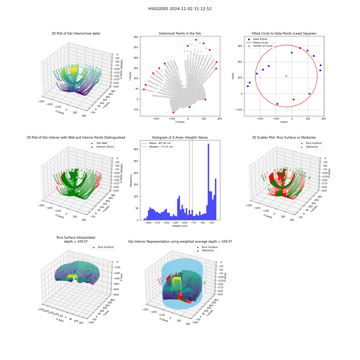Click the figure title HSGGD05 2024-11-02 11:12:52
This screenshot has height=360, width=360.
pyautogui.click(x=180, y=9)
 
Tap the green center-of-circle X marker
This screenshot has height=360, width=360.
pyautogui.click(x=286, y=76)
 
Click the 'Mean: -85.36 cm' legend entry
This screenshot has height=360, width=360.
pyautogui.click(x=157, y=143)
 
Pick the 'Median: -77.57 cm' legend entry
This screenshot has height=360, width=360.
pyautogui.click(x=158, y=147)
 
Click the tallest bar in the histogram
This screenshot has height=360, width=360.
pyautogui.click(x=208, y=181)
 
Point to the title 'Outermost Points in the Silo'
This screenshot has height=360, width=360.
pyautogui.click(x=180, y=33)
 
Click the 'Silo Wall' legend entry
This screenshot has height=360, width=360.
pyautogui.click(x=99, y=143)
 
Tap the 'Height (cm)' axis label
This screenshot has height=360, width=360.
pyautogui.click(x=180, y=226)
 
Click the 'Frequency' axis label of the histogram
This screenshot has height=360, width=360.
pyautogui.click(x=131, y=180)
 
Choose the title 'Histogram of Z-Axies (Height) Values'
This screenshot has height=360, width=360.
pyautogui.click(x=180, y=138)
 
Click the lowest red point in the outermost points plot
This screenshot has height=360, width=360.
pyautogui.click(x=174, y=112)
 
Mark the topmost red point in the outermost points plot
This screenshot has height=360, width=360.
pyautogui.click(x=196, y=40)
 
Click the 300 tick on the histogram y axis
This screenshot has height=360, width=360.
pyautogui.click(x=136, y=149)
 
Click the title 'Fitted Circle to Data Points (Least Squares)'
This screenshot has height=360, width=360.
pyautogui.click(x=284, y=33)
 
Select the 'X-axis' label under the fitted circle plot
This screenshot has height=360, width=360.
pyautogui.click(x=284, y=122)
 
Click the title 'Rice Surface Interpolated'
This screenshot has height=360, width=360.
pyautogui.click(x=76, y=238)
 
